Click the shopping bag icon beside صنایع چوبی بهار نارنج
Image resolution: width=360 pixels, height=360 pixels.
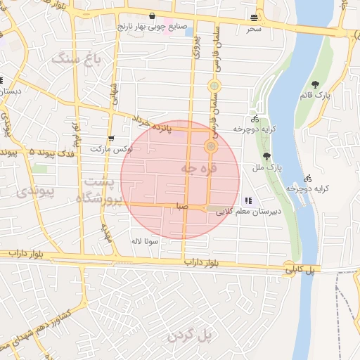[x=153, y=16]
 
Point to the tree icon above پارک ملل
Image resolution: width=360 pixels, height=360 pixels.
[x=266, y=156]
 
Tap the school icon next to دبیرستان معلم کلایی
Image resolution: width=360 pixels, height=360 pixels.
[x=247, y=201]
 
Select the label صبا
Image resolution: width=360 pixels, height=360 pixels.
[x=181, y=207]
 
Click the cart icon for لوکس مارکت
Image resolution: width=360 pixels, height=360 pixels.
[x=111, y=139]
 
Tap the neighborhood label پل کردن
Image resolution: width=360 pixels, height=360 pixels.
[x=190, y=336]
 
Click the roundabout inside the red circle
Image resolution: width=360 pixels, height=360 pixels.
[x=210, y=146]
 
